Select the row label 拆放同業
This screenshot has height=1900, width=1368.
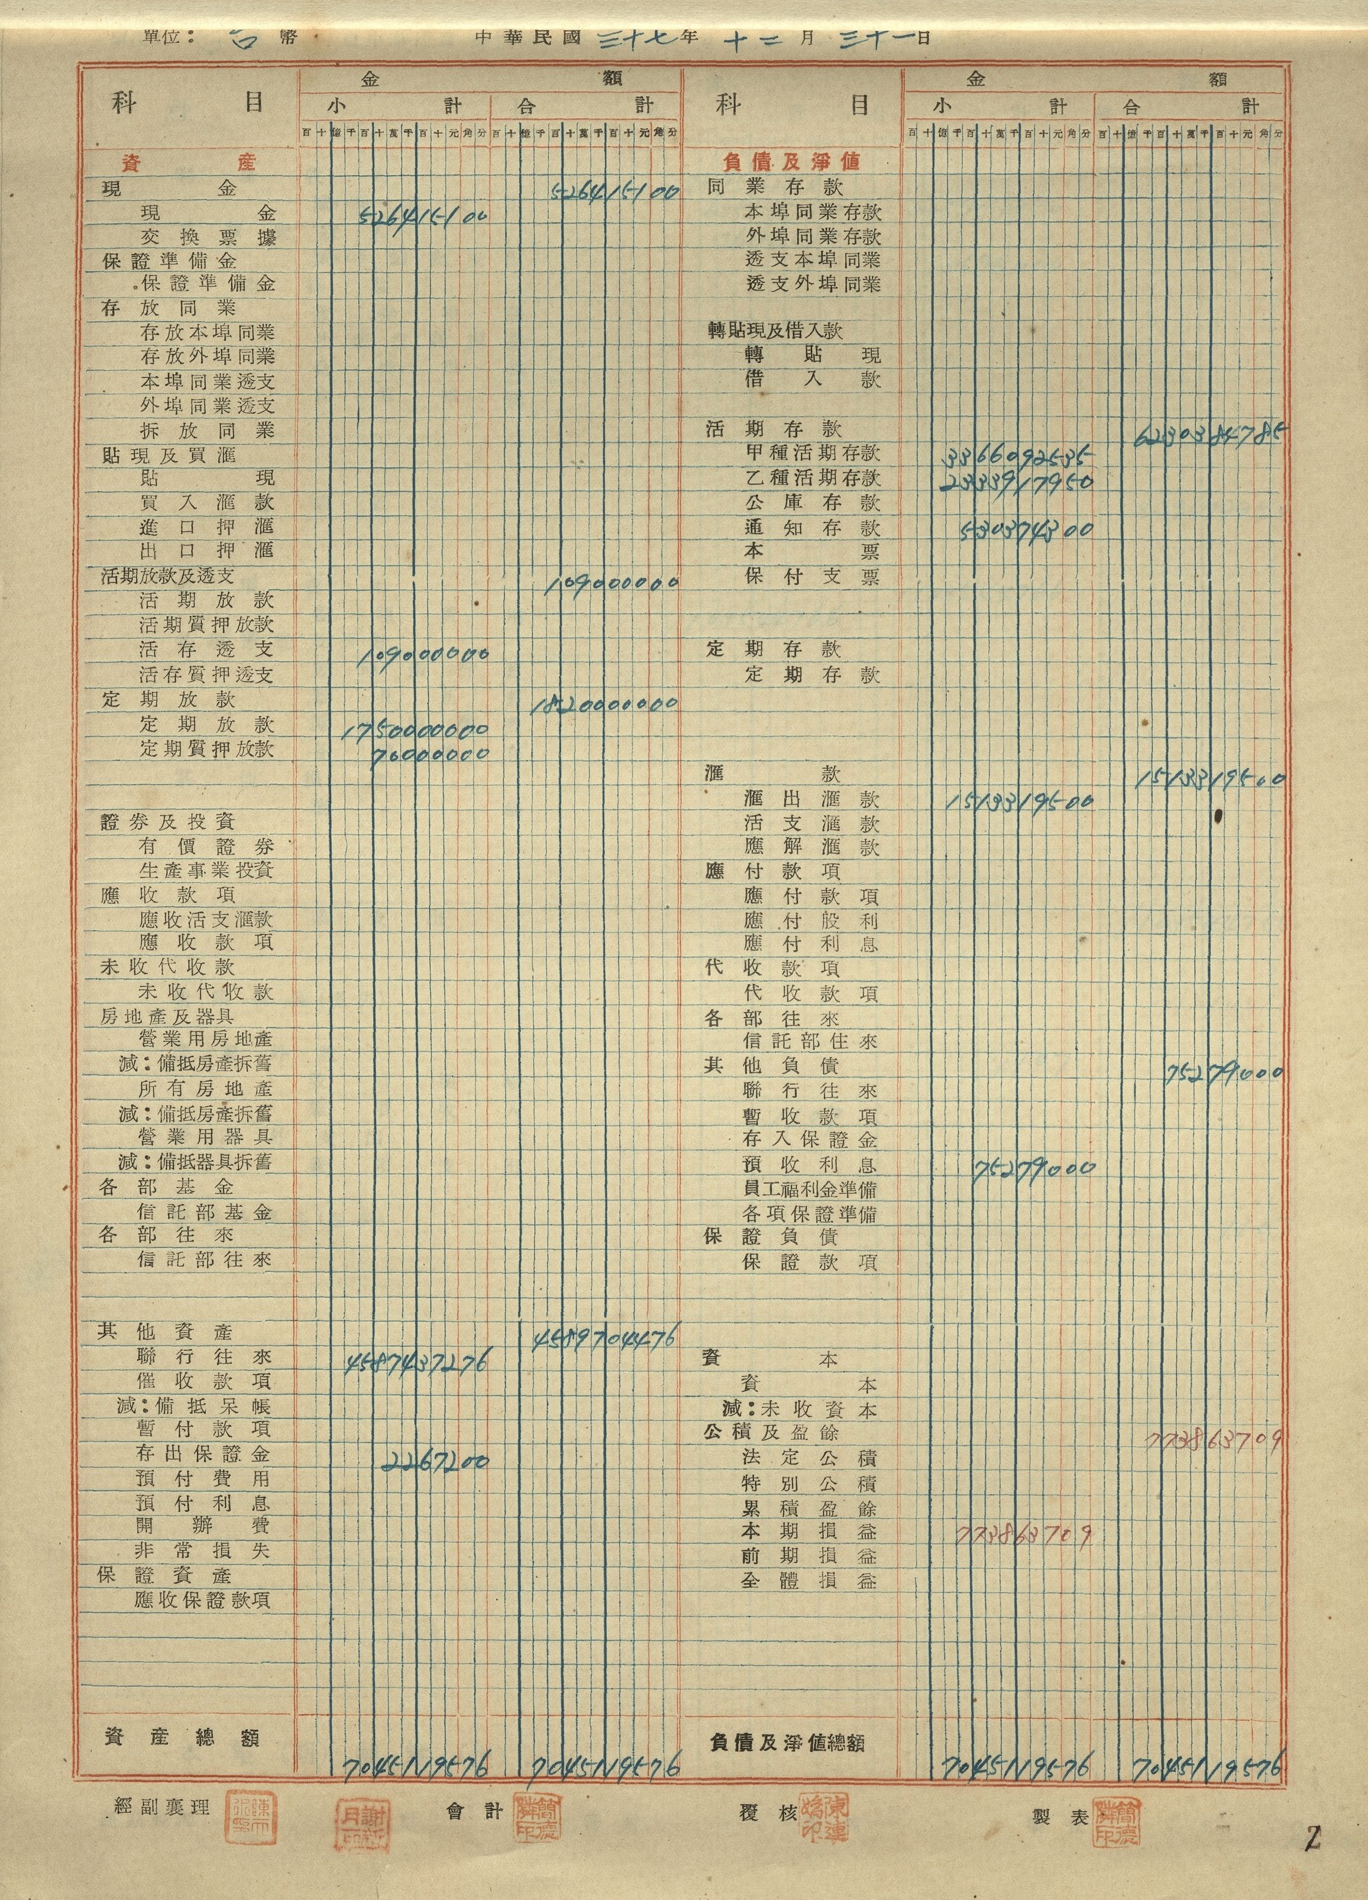click(x=208, y=431)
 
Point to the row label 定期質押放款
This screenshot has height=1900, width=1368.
click(x=207, y=748)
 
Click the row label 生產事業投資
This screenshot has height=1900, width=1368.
click(x=207, y=870)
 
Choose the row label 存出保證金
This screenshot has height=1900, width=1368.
click(x=203, y=1453)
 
